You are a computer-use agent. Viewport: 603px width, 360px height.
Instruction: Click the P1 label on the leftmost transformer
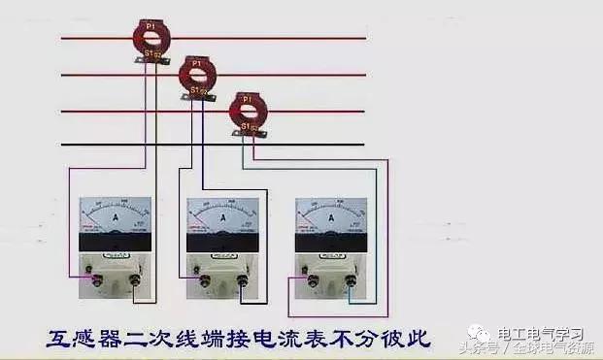pos(150,21)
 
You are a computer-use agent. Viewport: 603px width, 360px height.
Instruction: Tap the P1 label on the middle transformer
pos(197,64)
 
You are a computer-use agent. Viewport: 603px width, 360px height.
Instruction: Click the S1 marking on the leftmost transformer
pos(148,55)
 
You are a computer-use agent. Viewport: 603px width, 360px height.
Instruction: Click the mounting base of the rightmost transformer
pos(251,133)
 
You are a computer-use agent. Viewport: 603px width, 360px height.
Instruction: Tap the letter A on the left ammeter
pos(114,219)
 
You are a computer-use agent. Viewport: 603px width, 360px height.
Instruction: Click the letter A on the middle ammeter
pos(222,219)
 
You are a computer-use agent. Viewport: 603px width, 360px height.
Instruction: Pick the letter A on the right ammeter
pos(331,219)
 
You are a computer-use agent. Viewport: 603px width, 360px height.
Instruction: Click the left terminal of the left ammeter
pos(95,280)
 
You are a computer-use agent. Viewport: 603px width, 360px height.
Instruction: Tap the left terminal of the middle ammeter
pos(204,280)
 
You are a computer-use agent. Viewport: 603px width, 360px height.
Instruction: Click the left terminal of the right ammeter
pos(313,280)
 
